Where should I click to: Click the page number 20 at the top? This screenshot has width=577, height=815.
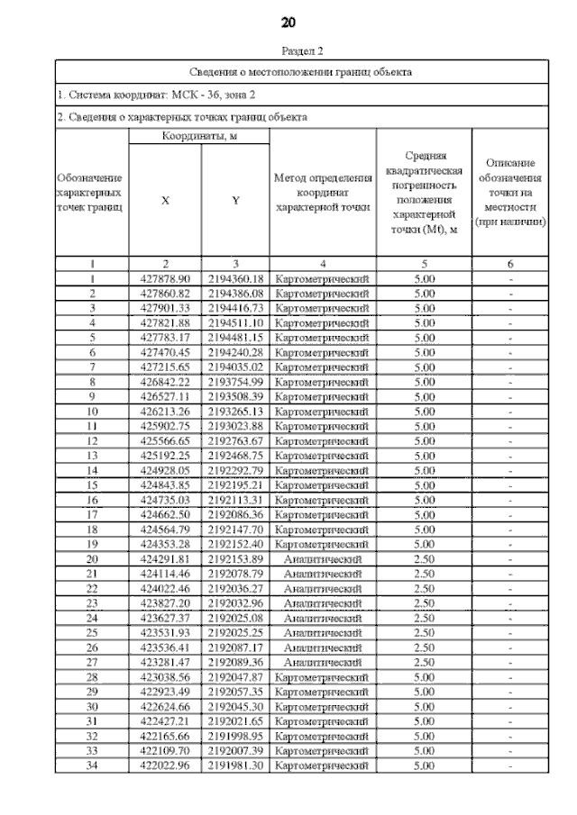(288, 21)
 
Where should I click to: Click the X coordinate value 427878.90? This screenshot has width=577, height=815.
(165, 279)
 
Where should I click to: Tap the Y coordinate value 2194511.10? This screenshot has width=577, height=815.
(234, 322)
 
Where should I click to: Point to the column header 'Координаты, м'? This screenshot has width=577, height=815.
(199, 135)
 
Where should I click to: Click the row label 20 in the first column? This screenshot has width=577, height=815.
(92, 557)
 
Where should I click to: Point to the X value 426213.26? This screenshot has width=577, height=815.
(165, 411)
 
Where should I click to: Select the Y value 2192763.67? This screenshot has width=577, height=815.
(234, 440)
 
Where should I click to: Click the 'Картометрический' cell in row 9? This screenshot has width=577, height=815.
(323, 396)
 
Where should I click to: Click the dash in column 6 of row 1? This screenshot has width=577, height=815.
(511, 279)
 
